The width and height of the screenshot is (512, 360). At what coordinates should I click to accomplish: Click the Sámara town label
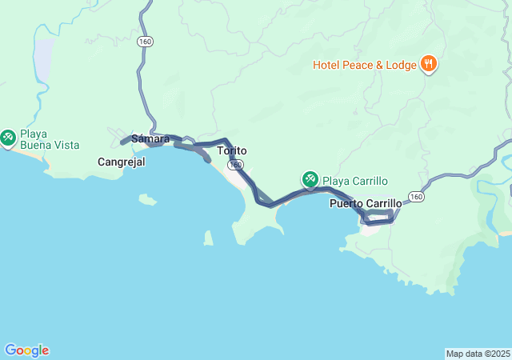pos(150,138)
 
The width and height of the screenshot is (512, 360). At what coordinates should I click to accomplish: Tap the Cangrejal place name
pos(121,162)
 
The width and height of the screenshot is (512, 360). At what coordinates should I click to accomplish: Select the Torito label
pos(232,150)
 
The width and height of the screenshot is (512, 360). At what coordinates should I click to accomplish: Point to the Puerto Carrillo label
pos(366,204)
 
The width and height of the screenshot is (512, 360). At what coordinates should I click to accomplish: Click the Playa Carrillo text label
pos(354,180)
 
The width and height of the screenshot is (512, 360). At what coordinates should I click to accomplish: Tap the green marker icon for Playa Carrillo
pos(310,179)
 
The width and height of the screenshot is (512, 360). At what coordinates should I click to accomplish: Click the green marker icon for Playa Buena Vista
pos(9,138)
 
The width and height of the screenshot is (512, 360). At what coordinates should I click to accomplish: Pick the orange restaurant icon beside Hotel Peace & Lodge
pos(428,64)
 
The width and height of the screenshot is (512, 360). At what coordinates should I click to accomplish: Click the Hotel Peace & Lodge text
pos(364,64)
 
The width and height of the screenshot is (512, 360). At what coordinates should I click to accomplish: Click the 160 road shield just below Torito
pos(234,165)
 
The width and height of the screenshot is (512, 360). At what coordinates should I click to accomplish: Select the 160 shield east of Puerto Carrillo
pos(415,196)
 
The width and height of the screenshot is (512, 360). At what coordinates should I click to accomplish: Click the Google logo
pos(26,350)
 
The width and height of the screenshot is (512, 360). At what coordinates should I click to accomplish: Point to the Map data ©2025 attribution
pos(478,354)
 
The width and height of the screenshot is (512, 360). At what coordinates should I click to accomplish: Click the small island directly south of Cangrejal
pos(147,199)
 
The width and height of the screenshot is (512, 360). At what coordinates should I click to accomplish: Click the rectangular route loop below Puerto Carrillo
pos(378,216)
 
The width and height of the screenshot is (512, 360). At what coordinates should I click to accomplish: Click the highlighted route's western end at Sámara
pos(123,142)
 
